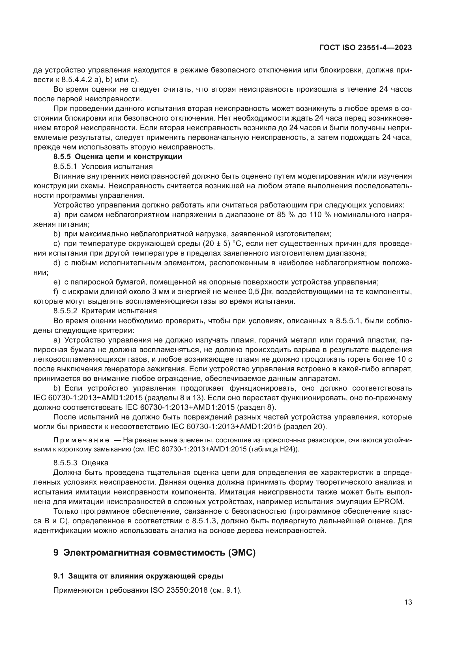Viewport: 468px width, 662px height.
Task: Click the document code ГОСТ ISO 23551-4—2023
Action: pyautogui.click(x=365, y=48)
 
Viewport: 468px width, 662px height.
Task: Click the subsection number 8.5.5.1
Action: pyautogui.click(x=65, y=167)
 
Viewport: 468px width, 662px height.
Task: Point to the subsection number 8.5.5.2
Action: pyautogui.click(x=65, y=311)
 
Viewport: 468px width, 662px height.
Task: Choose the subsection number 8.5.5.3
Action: pyautogui.click(x=65, y=463)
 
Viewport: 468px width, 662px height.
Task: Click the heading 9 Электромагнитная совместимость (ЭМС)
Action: pyautogui.click(x=154, y=553)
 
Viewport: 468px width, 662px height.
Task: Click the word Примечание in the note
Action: pyautogui.click(x=81, y=440)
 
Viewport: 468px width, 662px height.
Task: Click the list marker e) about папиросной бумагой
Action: pyautogui.click(x=57, y=282)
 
